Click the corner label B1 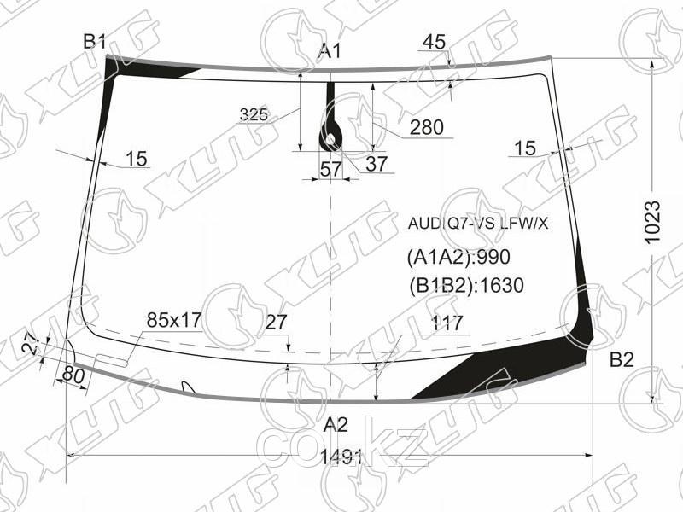click(x=95, y=42)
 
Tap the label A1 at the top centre click(x=330, y=51)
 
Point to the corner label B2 click(x=622, y=360)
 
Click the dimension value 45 click(x=435, y=42)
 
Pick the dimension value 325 click(x=254, y=114)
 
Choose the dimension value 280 click(x=426, y=127)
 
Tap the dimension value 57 click(x=331, y=169)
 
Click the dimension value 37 click(x=377, y=164)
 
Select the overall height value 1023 click(x=652, y=223)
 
